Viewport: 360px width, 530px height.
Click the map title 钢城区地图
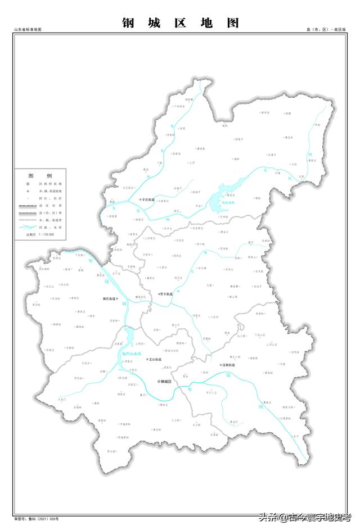click(181, 23)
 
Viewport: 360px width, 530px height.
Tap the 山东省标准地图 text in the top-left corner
click(28, 29)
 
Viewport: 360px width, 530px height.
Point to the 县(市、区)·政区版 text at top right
click(326, 29)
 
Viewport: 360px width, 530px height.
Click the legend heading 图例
click(40, 175)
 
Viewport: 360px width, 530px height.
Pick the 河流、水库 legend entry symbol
click(26, 228)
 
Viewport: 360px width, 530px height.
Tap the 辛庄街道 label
click(147, 200)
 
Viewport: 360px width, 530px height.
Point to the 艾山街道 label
click(153, 359)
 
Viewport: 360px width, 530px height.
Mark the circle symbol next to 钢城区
click(158, 382)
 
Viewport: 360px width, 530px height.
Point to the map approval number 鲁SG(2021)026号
click(39, 520)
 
